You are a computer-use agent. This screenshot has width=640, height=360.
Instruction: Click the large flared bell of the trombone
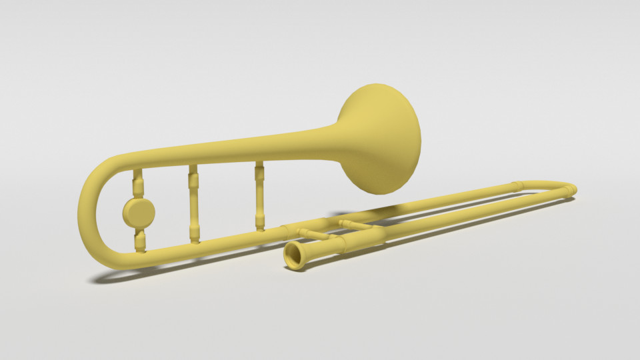(x=380, y=140)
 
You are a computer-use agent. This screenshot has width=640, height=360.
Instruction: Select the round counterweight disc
(x=139, y=212)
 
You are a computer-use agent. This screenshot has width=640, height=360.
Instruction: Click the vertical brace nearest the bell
(x=259, y=197)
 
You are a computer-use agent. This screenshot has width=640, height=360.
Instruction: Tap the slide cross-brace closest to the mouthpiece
(x=313, y=233)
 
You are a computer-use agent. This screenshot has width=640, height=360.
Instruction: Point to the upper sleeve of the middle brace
(x=193, y=178)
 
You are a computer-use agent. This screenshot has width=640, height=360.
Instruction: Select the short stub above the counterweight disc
(x=138, y=183)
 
